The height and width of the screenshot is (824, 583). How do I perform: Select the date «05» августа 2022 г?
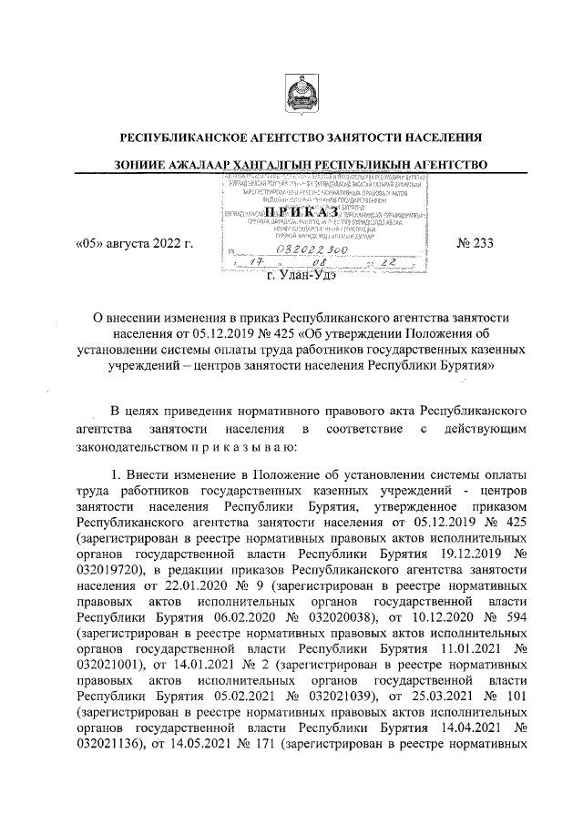point(134,244)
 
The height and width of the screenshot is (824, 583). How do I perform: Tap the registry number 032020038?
point(343,620)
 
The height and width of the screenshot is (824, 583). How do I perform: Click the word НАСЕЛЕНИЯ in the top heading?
point(437,138)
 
